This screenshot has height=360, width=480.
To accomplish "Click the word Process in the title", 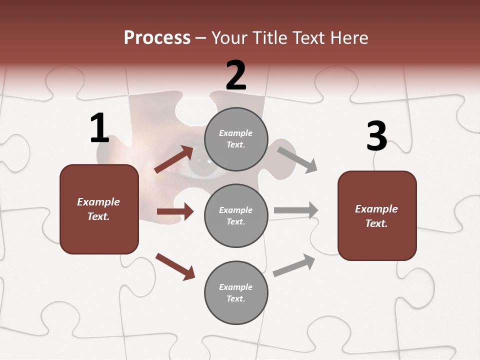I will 157,38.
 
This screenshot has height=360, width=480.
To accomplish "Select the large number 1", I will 99,128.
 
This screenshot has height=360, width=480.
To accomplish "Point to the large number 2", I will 236,75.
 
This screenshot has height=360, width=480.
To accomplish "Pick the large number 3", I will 376,136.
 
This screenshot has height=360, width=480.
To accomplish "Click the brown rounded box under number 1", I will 99,209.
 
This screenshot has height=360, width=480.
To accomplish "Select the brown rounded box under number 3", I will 377,215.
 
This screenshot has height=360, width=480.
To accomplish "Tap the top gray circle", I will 236,139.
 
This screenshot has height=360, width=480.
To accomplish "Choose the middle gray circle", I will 236,215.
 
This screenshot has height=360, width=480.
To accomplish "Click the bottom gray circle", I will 236,292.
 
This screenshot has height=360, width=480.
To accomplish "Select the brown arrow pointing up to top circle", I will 174,159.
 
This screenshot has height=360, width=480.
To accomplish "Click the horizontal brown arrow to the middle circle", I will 175,211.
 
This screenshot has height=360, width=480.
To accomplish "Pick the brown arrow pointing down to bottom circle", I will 175,266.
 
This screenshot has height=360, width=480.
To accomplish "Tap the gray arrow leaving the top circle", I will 297,159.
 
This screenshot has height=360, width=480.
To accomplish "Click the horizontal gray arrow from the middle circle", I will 296,210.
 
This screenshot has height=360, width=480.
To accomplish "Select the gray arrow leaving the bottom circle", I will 294,265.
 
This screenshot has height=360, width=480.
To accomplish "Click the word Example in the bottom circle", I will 235,287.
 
